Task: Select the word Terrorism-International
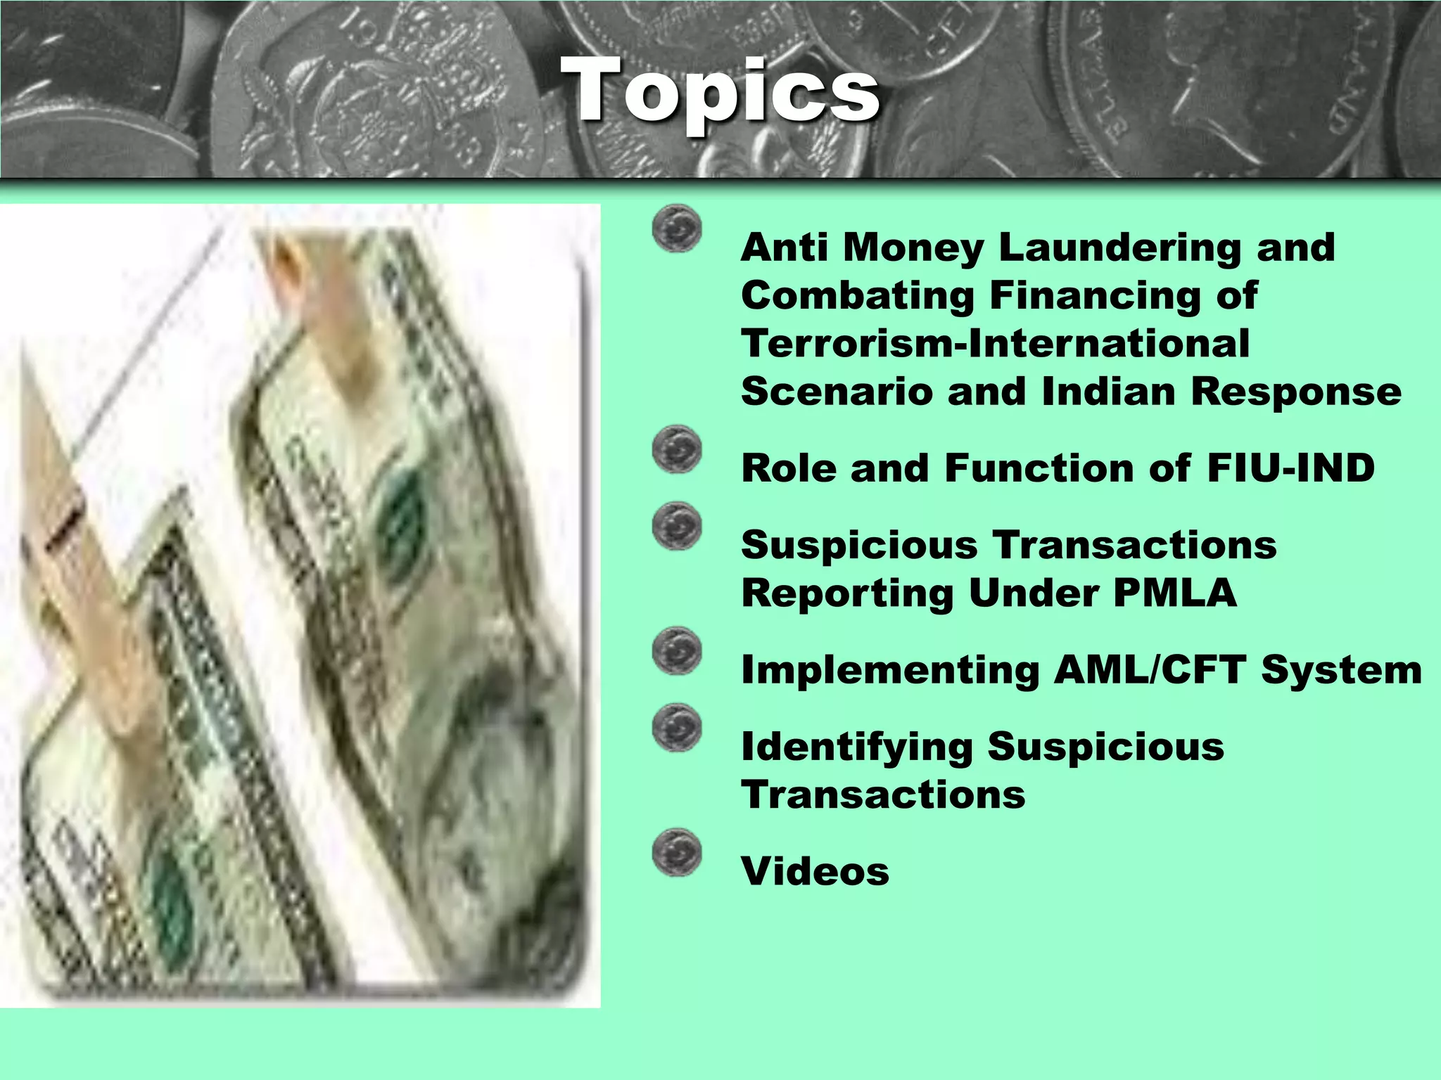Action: pyautogui.click(x=995, y=344)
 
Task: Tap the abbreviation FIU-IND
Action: pyautogui.click(x=1290, y=468)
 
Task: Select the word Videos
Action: pyautogui.click(x=815, y=872)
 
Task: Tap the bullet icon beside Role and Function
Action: pyautogui.click(x=677, y=449)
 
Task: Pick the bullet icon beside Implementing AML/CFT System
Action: pyautogui.click(x=677, y=651)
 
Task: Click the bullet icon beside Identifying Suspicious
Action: pyautogui.click(x=677, y=728)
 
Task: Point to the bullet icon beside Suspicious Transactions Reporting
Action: pyautogui.click(x=677, y=526)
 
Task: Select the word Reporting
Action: pyautogui.click(x=846, y=593)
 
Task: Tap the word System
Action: pyautogui.click(x=1341, y=669)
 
